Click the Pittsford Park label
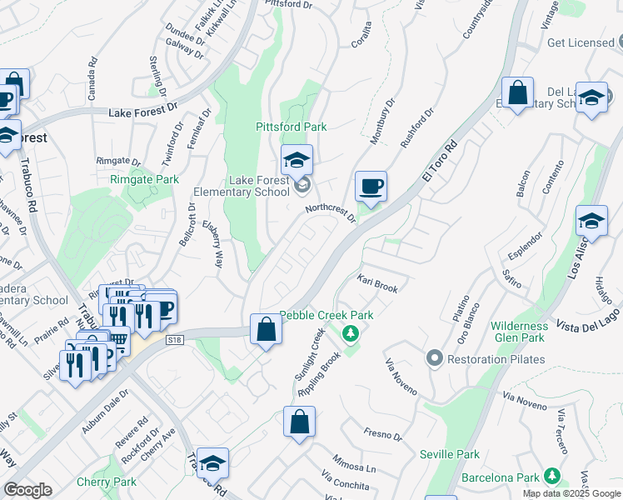291,127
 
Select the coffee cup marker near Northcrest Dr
371,187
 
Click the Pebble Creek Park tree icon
351,333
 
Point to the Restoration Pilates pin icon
434,359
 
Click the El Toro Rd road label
440,160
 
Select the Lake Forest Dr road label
143,109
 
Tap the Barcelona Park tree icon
551,477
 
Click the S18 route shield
174,340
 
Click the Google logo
27,490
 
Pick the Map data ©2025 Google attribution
571,493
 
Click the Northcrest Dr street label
331,213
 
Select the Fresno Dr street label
383,434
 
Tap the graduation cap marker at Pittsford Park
297,160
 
